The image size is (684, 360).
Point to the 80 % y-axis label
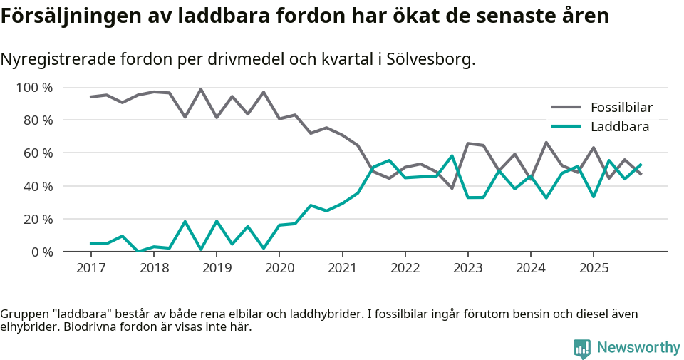point(37,120)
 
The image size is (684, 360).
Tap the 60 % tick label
point(37,153)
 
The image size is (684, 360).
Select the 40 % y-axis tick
point(37,186)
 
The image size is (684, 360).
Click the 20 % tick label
point(37,219)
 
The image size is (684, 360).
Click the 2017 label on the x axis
point(90,268)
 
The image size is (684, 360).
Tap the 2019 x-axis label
point(217,268)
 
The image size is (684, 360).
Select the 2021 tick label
point(342,268)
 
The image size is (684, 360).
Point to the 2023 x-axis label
point(468,268)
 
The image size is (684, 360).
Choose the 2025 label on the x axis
point(594,268)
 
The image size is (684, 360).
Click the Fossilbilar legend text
point(621,108)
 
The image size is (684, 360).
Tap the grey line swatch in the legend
point(566,108)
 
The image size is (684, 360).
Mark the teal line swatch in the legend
point(566,127)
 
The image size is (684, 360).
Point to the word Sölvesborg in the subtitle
point(430,59)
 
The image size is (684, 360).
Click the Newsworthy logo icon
point(581,348)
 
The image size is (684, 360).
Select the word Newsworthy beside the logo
point(638,348)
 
